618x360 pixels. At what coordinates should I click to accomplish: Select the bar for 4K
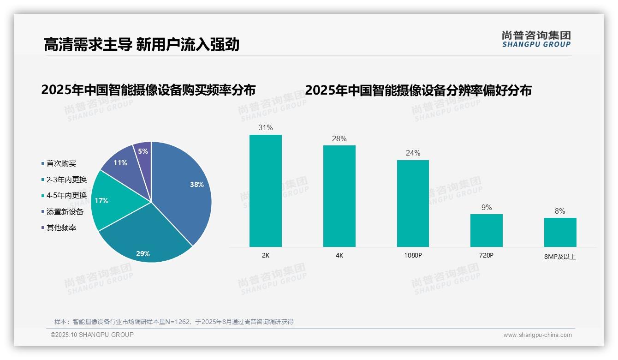tap(339, 196)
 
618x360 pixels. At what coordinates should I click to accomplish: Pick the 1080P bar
tap(413, 204)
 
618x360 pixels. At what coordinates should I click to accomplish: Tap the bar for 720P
tap(487, 230)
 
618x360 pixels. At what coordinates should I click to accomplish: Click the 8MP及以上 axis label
tap(560, 257)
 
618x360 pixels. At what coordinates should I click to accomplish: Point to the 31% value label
tap(266, 127)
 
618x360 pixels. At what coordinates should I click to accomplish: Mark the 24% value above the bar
tap(413, 153)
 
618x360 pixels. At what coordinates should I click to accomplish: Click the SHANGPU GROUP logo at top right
tap(536, 39)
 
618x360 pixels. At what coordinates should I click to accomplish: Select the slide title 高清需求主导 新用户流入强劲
tap(141, 44)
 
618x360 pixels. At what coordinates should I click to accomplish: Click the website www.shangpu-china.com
tap(537, 335)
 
